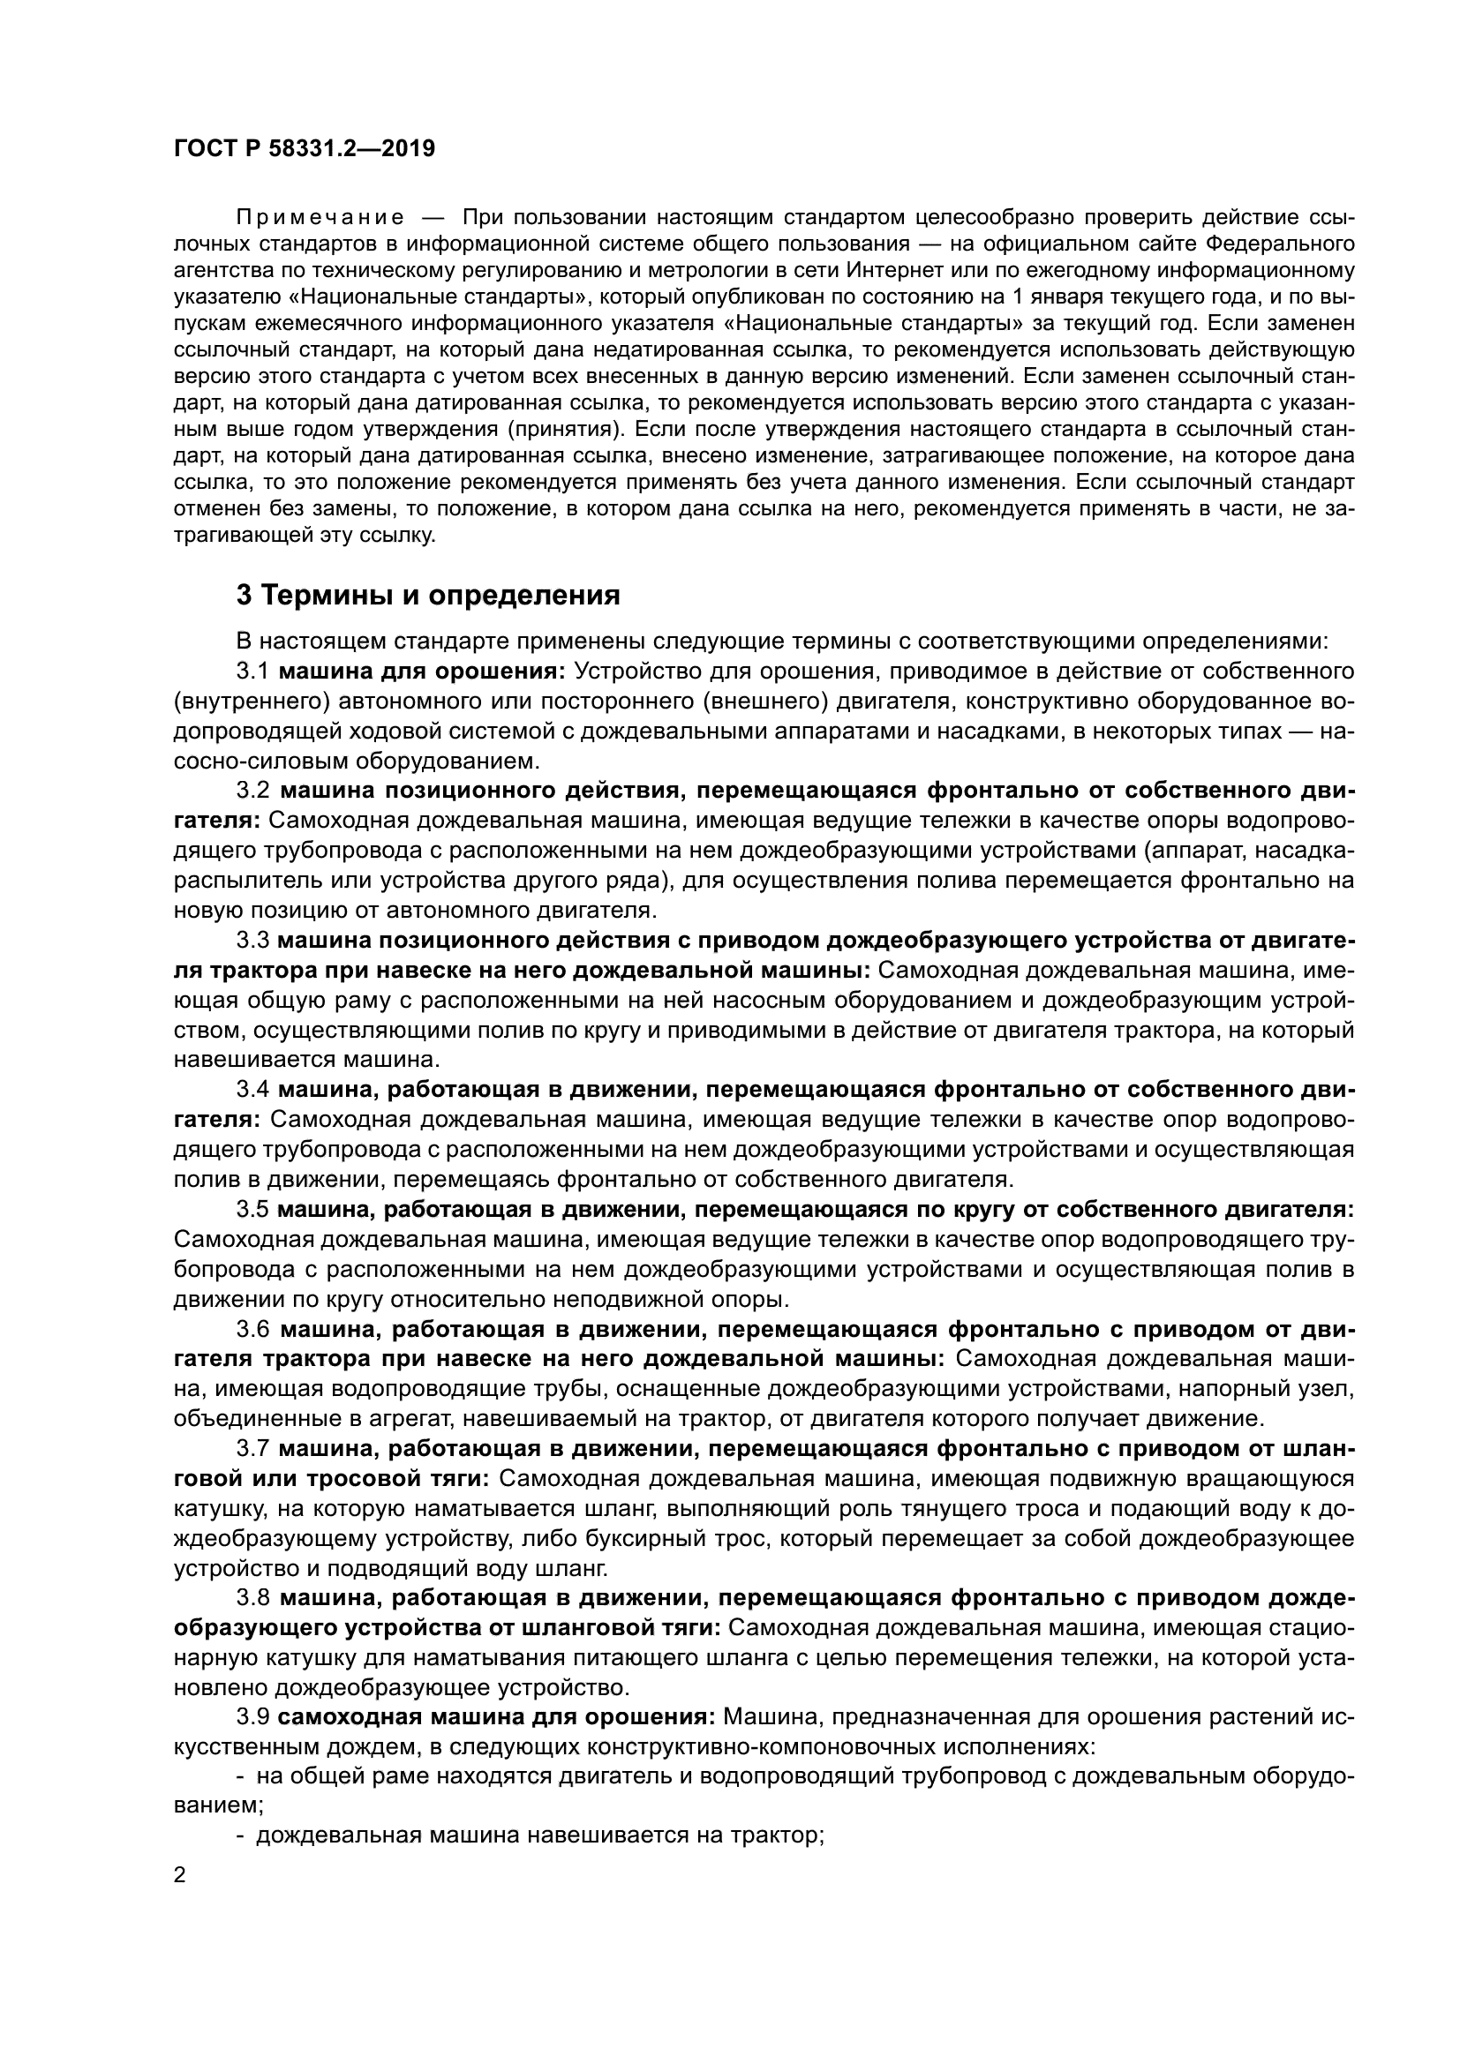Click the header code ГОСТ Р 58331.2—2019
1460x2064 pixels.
pyautogui.click(x=304, y=148)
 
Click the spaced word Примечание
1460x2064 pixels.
pyautogui.click(x=320, y=218)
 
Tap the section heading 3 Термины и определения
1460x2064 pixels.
pyautogui.click(x=428, y=595)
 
